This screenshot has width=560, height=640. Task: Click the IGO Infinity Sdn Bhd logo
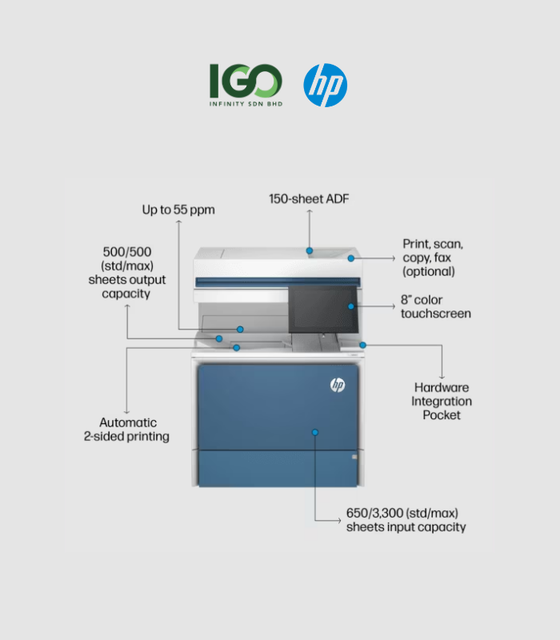pyautogui.click(x=246, y=85)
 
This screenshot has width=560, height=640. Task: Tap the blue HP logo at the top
pyautogui.click(x=326, y=86)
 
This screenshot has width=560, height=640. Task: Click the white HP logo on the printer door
pyautogui.click(x=338, y=385)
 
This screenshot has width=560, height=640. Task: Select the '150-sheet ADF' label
pyautogui.click(x=309, y=198)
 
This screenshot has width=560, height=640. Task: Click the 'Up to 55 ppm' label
pyautogui.click(x=178, y=210)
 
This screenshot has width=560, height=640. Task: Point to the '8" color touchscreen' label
pyautogui.click(x=435, y=306)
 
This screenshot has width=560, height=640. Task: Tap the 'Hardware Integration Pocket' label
pyautogui.click(x=442, y=402)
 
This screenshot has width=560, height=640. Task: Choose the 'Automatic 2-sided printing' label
pyautogui.click(x=126, y=430)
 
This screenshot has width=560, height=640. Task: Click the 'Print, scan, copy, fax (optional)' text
pyautogui.click(x=433, y=258)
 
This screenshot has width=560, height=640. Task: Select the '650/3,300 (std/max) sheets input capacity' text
pyautogui.click(x=406, y=520)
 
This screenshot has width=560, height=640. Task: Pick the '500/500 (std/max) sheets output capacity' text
pyautogui.click(x=127, y=273)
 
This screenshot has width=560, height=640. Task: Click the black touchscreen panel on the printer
pyautogui.click(x=323, y=309)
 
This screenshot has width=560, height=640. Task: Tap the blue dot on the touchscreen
pyautogui.click(x=351, y=306)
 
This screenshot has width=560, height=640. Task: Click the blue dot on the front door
pyautogui.click(x=315, y=432)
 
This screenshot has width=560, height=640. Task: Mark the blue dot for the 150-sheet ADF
pyautogui.click(x=310, y=250)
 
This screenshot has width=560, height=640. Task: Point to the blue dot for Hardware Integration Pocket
pyautogui.click(x=363, y=346)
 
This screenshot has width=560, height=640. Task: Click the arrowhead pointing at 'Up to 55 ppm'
pyautogui.click(x=178, y=222)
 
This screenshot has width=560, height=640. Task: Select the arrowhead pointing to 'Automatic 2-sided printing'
pyautogui.click(x=126, y=412)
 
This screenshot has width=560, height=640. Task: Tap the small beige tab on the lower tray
pyautogui.click(x=354, y=457)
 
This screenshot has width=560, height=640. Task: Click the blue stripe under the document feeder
pyautogui.click(x=278, y=282)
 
